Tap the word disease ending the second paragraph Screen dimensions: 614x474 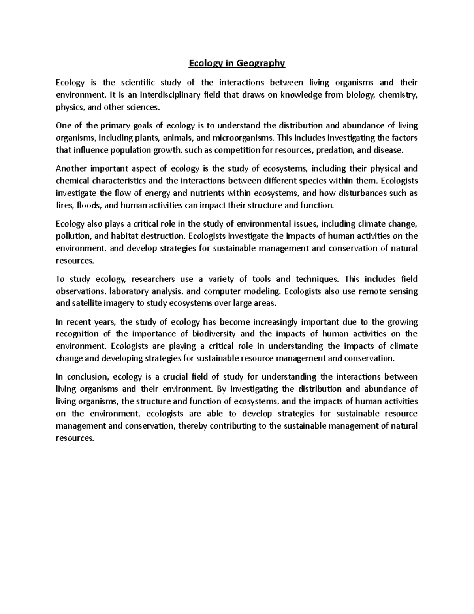tap(389, 150)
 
